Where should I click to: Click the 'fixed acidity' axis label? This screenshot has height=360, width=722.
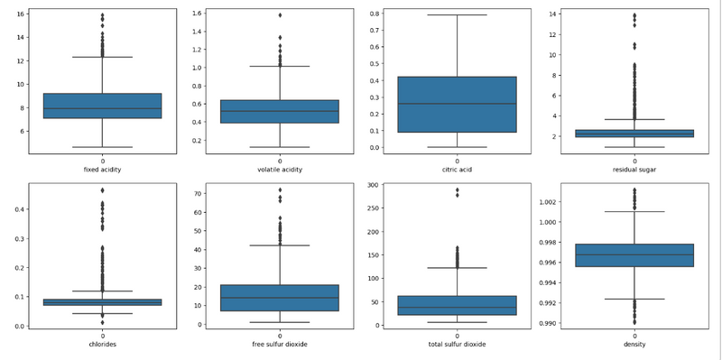click(x=102, y=170)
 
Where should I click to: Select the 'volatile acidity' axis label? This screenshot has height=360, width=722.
click(x=280, y=170)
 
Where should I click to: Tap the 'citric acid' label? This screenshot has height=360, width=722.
click(x=457, y=170)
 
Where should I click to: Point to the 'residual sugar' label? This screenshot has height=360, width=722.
click(x=634, y=170)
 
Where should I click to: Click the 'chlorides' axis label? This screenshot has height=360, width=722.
click(x=102, y=344)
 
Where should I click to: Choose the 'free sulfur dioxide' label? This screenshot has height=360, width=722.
click(x=280, y=344)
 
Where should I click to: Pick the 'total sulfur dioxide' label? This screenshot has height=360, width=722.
click(x=457, y=344)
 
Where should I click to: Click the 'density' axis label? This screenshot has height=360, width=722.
click(x=634, y=344)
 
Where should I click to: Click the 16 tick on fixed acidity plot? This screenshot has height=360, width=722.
click(x=21, y=14)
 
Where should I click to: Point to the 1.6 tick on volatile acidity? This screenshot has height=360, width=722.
click(x=198, y=14)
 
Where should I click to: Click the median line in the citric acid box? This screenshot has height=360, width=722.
click(x=457, y=104)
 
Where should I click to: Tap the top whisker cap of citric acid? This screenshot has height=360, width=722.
click(x=457, y=14)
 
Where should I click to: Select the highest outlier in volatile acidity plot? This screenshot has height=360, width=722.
click(x=280, y=15)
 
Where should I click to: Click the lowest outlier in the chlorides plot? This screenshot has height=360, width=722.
click(x=102, y=322)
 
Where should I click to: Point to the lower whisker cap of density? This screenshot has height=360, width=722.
click(x=634, y=299)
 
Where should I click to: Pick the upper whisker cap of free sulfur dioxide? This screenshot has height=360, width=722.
click(x=280, y=245)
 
